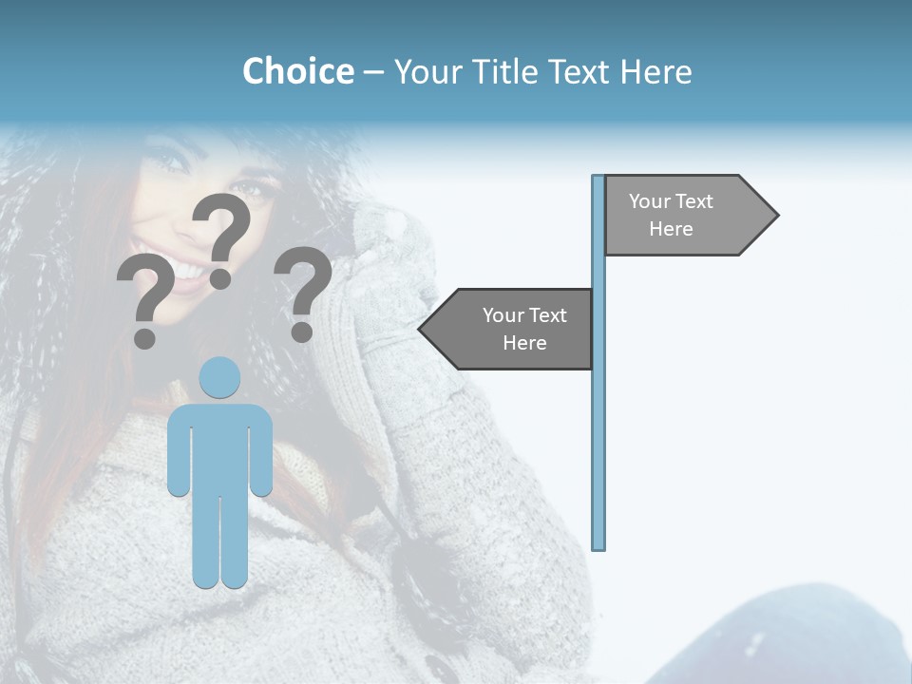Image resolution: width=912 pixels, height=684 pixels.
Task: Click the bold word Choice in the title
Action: (297, 71)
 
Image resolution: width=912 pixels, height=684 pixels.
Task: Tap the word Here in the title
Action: (655, 71)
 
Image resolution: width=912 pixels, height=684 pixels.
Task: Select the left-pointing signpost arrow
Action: (508, 329)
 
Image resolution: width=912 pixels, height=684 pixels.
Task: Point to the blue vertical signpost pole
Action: (598, 427)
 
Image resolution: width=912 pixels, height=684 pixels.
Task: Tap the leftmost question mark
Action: (144, 294)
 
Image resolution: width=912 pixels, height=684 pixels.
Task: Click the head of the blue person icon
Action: (220, 377)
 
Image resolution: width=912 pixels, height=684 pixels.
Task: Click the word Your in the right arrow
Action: (650, 201)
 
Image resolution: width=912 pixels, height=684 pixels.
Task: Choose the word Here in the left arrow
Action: (524, 343)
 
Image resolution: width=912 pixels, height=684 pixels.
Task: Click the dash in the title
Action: (373, 72)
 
